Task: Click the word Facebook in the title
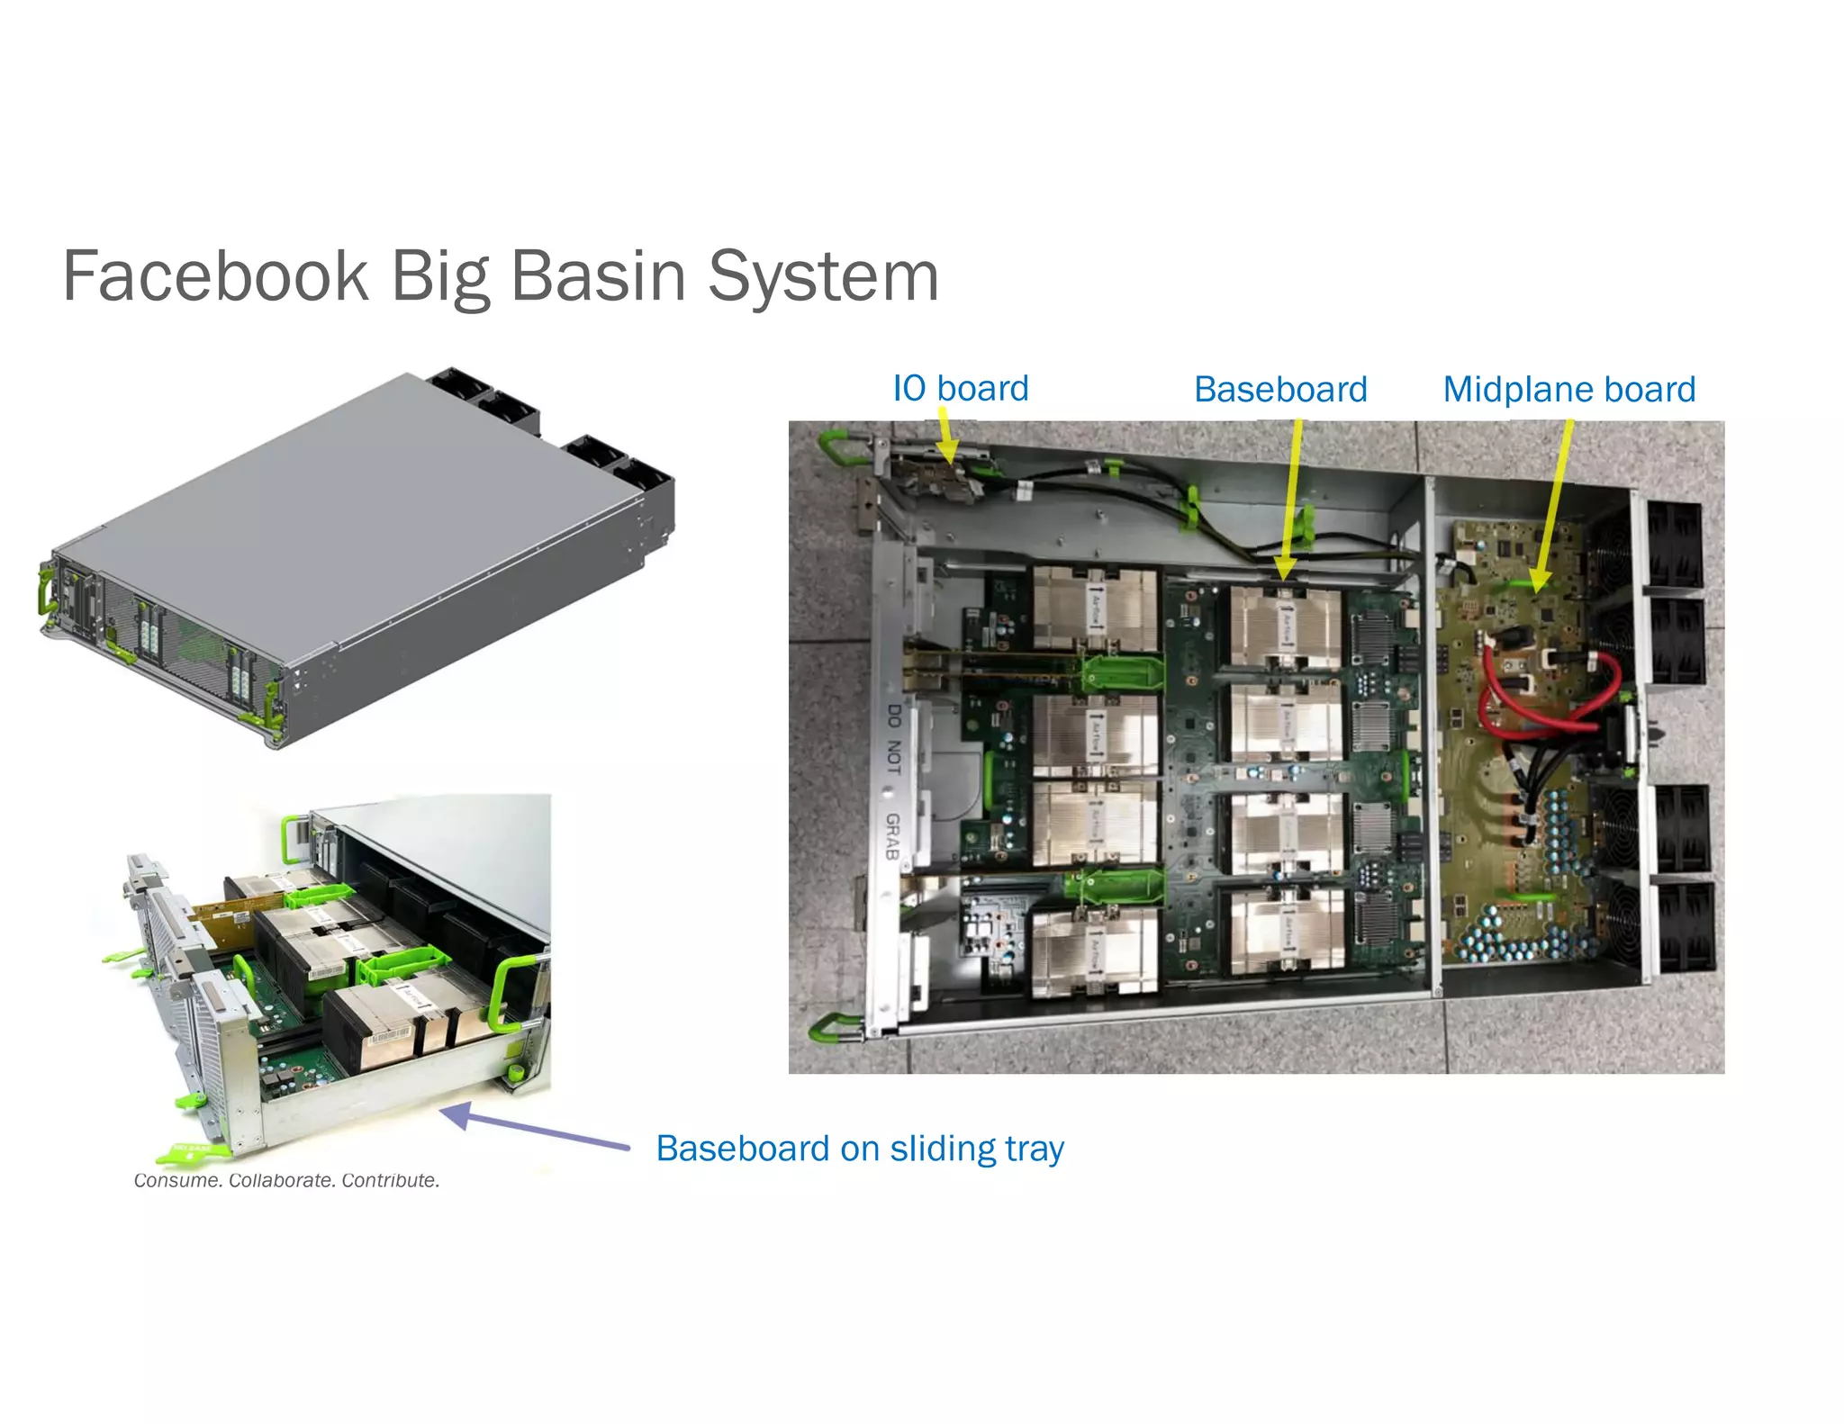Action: [x=216, y=275]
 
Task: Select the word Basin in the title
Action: [x=598, y=275]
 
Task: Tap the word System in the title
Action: [x=823, y=275]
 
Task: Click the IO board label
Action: [x=960, y=388]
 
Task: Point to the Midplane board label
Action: [x=1568, y=389]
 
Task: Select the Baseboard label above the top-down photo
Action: [x=1280, y=389]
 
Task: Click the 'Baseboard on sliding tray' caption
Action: [x=860, y=1149]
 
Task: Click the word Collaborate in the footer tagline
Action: [x=282, y=1180]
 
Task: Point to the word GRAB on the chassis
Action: [x=892, y=835]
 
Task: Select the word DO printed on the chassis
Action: [x=893, y=717]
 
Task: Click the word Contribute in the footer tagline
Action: [x=390, y=1180]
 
